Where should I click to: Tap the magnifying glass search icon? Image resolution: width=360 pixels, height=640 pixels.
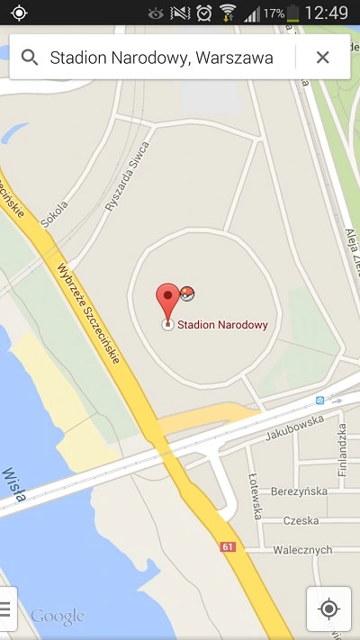click(30, 58)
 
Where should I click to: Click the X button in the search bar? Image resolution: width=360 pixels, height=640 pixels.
click(322, 58)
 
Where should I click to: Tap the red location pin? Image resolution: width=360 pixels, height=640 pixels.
click(167, 299)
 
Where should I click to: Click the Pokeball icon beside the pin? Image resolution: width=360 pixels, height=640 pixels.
click(187, 293)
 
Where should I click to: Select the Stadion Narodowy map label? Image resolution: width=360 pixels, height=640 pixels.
click(222, 325)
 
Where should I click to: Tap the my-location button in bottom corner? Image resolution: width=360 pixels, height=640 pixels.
click(328, 608)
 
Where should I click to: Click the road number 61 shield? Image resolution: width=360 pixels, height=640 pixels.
click(227, 546)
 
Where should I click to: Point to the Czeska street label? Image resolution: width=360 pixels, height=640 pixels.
click(301, 520)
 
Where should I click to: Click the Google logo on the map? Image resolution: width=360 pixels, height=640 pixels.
click(57, 617)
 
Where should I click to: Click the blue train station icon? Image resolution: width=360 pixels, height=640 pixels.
click(319, 400)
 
